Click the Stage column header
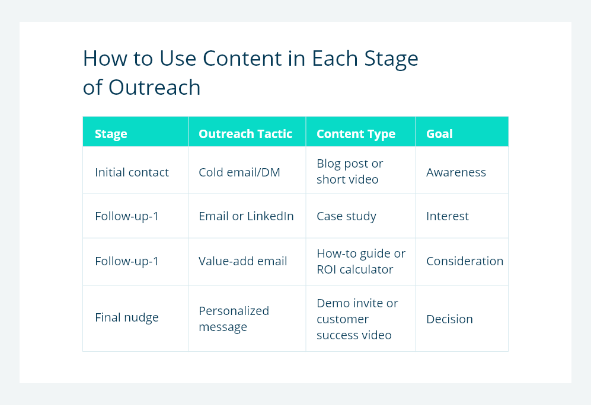111,134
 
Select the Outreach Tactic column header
245,134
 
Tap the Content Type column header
356,134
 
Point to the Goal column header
439,134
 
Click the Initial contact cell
132,172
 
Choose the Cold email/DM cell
239,172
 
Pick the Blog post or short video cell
350,171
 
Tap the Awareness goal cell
456,172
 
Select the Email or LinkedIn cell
246,216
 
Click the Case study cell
346,216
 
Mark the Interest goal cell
447,216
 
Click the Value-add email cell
242,261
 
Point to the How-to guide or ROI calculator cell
360,261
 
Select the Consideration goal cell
464,261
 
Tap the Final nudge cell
127,317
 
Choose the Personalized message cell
234,319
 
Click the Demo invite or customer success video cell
357,319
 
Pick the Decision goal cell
449,319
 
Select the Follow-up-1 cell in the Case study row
127,216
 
